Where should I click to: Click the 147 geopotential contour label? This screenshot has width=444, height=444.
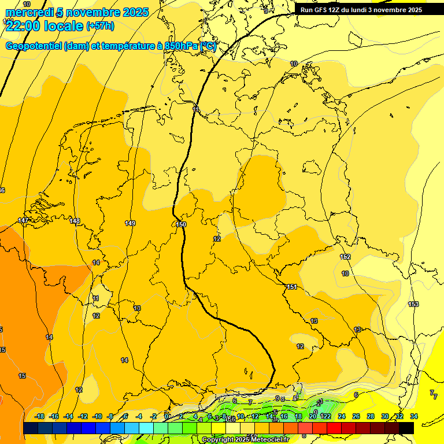[x=23, y=221]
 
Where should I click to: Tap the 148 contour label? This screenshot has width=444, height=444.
[x=75, y=221]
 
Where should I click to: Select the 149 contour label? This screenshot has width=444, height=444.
[x=130, y=223]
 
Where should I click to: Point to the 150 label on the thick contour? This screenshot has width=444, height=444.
[x=182, y=224]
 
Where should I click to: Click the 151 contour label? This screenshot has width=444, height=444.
[x=291, y=287]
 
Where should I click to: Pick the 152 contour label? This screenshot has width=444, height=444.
[x=345, y=257]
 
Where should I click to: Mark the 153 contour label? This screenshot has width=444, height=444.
[x=413, y=304]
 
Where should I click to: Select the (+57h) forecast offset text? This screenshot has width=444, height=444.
[x=100, y=26]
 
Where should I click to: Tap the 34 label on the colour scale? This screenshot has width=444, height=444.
[x=413, y=416]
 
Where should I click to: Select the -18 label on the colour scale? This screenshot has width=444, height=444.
[x=39, y=416]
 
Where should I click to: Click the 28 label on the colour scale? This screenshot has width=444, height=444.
[x=370, y=416]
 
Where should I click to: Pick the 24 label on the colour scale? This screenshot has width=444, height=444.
[x=341, y=416]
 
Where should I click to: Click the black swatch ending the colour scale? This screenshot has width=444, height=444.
[x=406, y=428]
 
